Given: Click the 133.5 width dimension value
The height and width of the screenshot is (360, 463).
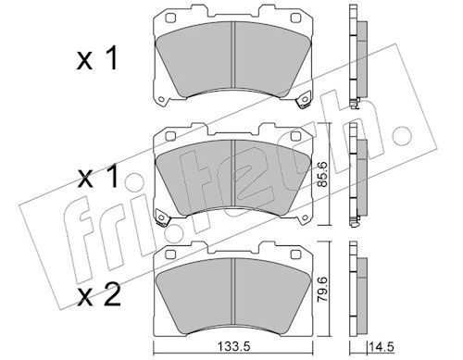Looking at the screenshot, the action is tap(233, 348).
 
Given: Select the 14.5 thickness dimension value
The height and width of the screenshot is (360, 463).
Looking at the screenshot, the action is tap(382, 348).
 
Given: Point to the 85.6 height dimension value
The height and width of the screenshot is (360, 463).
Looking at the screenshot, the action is tap(323, 175).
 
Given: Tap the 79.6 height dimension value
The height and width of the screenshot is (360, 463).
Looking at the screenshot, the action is tap(322, 289).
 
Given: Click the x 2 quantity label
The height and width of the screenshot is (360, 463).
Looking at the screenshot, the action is tap(98, 295).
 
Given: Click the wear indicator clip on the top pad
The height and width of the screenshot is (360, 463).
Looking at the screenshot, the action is tap(303, 100).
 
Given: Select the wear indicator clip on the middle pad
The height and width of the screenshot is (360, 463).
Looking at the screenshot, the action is tap(163, 217).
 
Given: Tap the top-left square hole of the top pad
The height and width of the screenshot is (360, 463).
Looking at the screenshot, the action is tap(170, 18).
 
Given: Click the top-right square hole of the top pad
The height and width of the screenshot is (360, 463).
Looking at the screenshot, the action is tap(295, 18).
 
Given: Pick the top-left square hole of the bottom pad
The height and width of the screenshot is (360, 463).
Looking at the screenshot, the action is tap(170, 254).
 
